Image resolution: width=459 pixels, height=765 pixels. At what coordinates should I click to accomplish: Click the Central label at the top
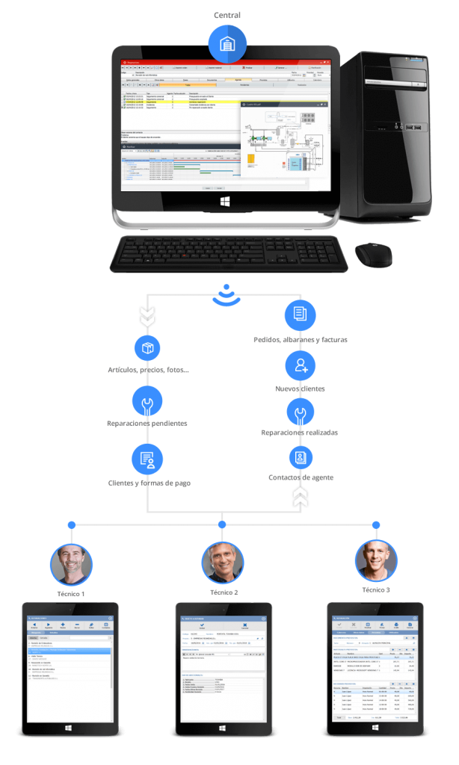pyautogui.click(x=227, y=14)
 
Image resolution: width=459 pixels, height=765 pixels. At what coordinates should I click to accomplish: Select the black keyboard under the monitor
pyautogui.click(x=229, y=255)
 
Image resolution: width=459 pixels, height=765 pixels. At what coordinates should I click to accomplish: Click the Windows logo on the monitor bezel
pyautogui.click(x=226, y=201)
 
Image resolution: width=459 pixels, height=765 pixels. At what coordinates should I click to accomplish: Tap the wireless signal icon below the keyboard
pyautogui.click(x=227, y=295)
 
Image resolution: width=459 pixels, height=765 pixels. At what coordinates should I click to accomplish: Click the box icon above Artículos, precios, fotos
pyautogui.click(x=147, y=348)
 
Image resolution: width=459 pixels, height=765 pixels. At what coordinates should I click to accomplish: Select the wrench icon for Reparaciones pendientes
pyautogui.click(x=147, y=401)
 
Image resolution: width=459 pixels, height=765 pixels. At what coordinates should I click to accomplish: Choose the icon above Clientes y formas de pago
pyautogui.click(x=147, y=459)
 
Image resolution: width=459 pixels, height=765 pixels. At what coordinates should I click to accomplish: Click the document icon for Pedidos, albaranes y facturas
pyautogui.click(x=300, y=314)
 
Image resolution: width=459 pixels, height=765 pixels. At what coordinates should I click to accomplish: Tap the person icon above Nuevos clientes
pyautogui.click(x=300, y=365)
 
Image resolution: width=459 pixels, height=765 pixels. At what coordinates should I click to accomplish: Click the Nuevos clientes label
pyautogui.click(x=300, y=388)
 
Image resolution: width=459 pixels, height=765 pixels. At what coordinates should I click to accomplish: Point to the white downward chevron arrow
pyautogui.click(x=147, y=315)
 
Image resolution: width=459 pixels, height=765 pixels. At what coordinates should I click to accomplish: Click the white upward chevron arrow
pyautogui.click(x=300, y=496)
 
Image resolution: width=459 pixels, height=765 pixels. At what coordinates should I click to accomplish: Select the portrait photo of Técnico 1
pyautogui.click(x=71, y=564)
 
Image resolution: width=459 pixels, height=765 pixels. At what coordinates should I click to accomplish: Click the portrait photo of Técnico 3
pyautogui.click(x=375, y=562)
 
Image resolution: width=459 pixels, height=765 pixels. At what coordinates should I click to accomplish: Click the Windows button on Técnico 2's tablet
pyautogui.click(x=223, y=728)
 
